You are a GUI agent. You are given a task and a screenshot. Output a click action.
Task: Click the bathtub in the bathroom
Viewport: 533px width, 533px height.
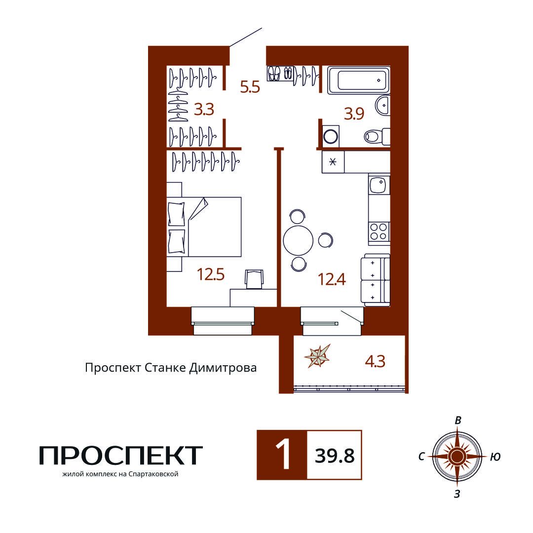click(358, 80)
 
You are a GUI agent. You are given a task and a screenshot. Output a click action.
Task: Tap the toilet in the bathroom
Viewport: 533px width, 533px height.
click(377, 137)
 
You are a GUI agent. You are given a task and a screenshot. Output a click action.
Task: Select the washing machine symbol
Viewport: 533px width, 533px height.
click(331, 137)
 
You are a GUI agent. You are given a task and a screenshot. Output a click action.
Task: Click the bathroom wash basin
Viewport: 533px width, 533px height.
click(383, 106)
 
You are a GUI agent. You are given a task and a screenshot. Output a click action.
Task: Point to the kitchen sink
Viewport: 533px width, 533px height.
click(379, 184)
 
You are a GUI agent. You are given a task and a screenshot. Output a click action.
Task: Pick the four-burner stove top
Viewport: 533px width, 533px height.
click(379, 231)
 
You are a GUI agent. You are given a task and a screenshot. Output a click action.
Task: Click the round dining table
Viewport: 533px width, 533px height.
click(298, 240)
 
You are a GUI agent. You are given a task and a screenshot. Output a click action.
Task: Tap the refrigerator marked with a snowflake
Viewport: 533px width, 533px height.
click(333, 162)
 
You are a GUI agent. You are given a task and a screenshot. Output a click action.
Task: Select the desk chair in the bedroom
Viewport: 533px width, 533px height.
click(254, 279)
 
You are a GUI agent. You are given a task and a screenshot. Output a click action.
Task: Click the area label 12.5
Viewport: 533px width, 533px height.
click(211, 274)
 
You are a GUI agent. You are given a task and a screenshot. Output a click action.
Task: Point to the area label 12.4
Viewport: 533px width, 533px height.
click(332, 279)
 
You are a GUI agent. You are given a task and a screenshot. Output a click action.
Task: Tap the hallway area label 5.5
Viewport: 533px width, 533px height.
click(250, 87)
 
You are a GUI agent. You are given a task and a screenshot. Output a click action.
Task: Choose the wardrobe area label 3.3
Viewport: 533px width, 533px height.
click(204, 110)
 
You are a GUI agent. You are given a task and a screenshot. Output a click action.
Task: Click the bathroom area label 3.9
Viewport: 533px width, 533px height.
click(354, 114)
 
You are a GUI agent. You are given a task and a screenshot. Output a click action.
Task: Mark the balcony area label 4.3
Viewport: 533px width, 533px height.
click(375, 361)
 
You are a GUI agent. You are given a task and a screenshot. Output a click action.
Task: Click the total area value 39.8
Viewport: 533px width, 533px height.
click(335, 456)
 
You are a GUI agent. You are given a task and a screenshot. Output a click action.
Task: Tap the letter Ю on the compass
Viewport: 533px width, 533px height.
click(495, 457)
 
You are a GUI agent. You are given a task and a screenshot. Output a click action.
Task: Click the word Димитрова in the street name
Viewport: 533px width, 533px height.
click(223, 368)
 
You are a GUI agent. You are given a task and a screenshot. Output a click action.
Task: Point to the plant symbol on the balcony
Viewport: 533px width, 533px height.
click(318, 356)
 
